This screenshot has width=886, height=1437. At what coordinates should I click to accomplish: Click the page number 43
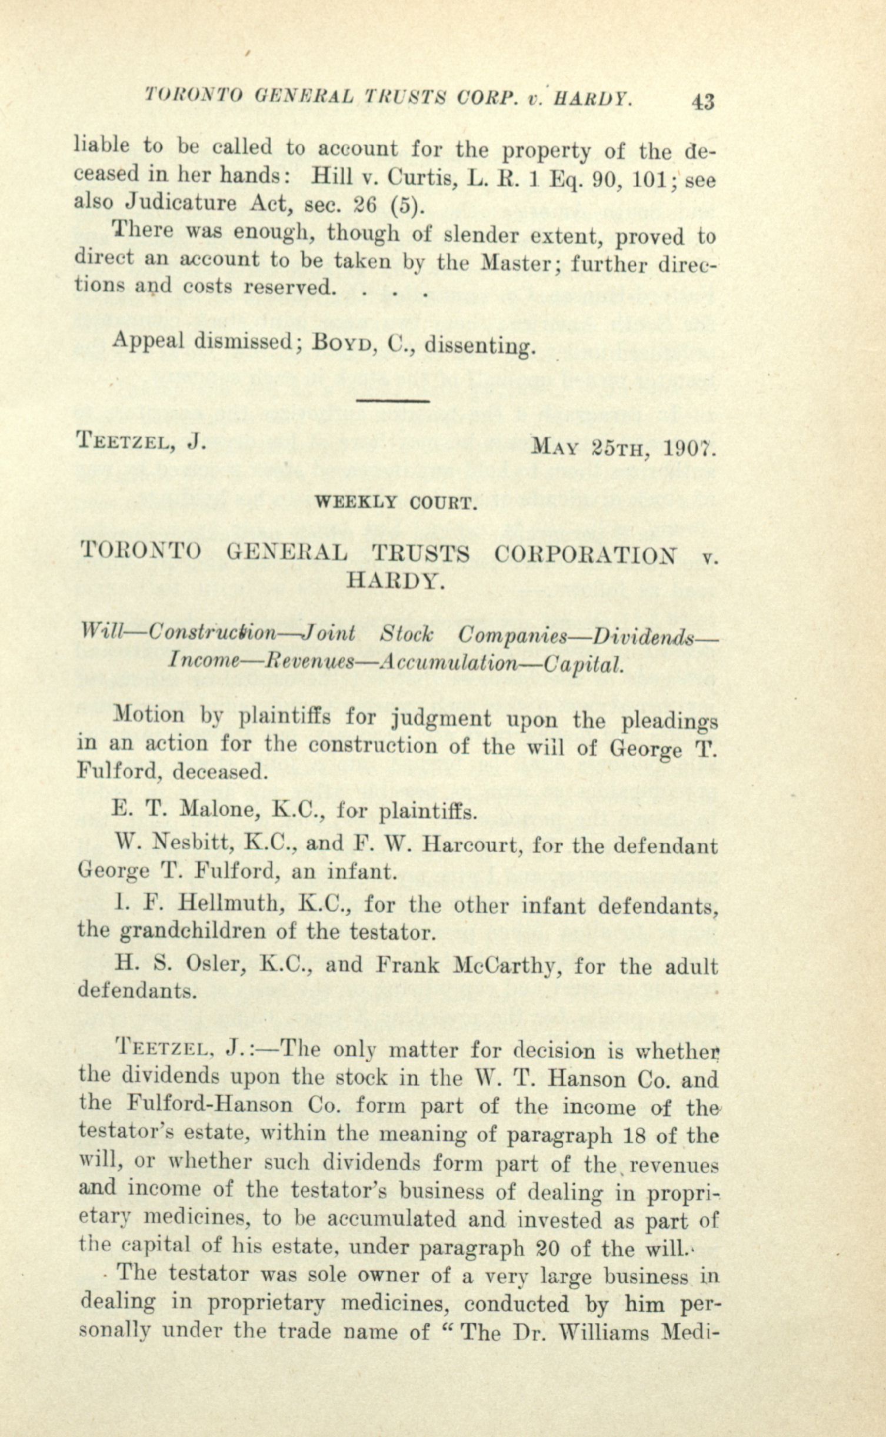click(702, 102)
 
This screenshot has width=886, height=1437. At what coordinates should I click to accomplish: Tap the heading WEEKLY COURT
click(395, 504)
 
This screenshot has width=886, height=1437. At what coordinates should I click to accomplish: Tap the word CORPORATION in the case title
click(585, 555)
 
